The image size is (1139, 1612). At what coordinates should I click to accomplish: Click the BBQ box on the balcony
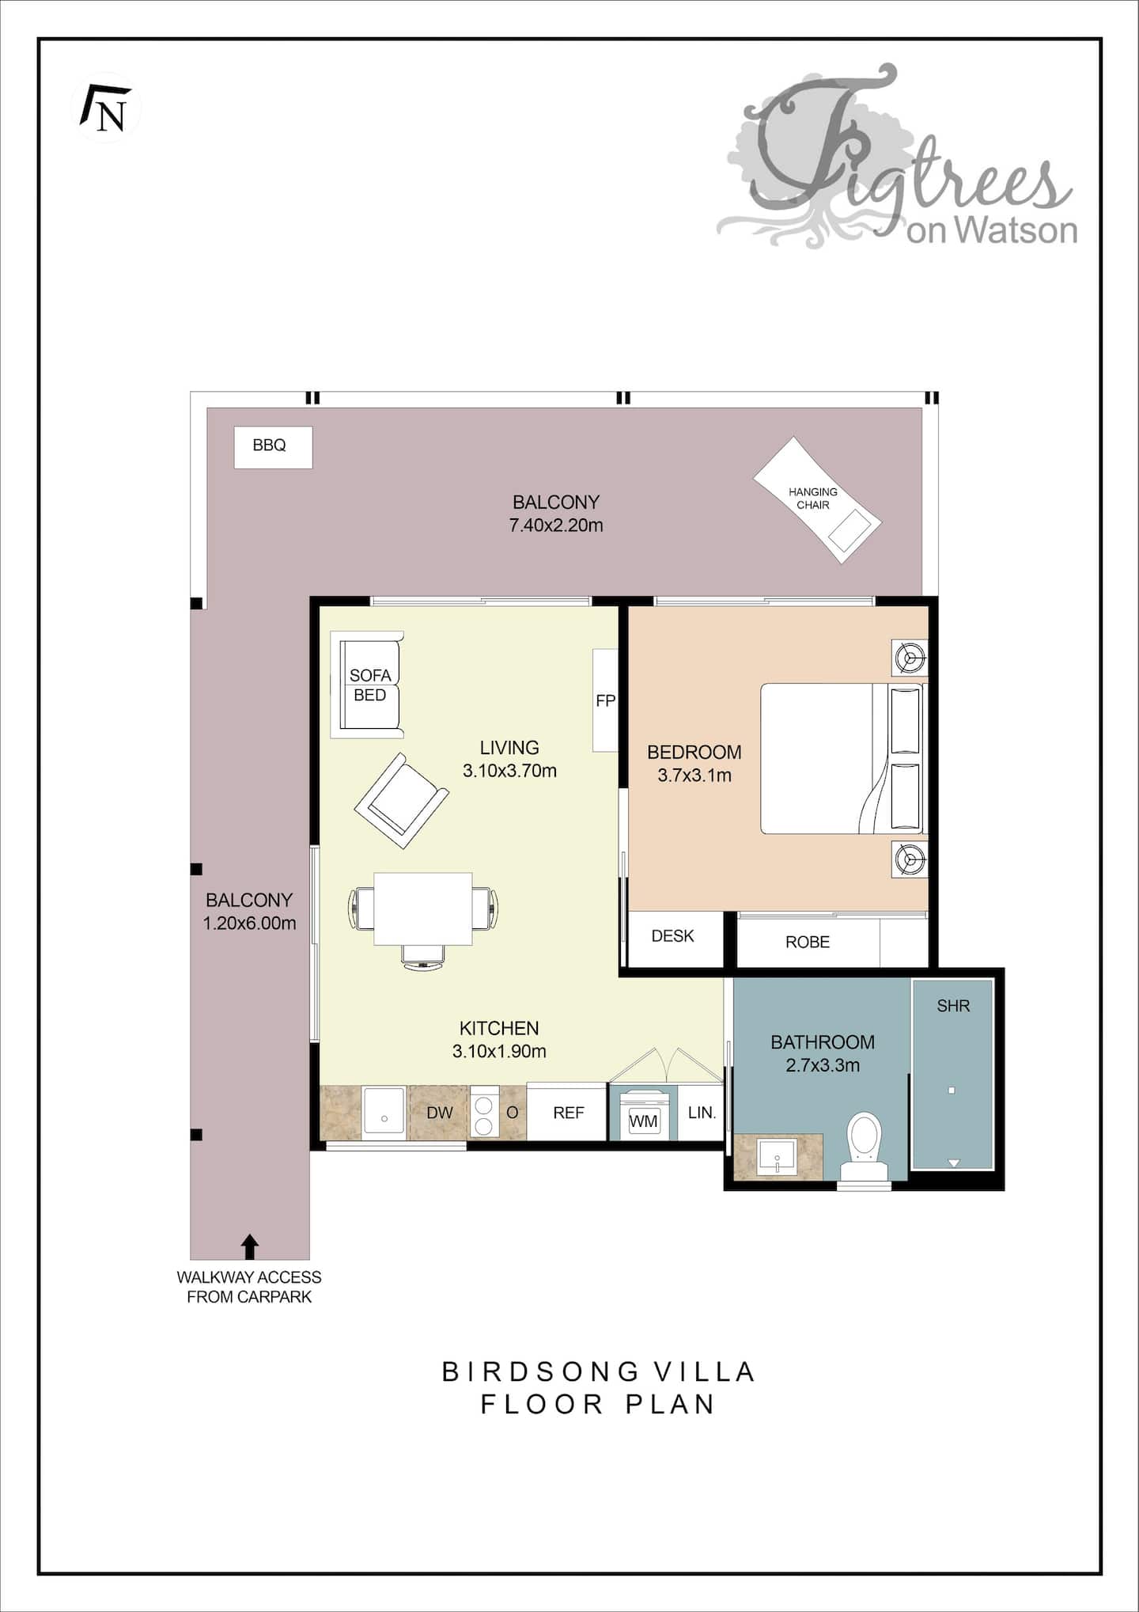coord(273,447)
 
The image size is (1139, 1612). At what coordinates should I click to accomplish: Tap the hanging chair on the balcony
coord(817,500)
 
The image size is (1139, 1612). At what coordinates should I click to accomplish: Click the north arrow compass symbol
coord(108,108)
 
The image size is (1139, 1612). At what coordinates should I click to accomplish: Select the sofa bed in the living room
coord(367,685)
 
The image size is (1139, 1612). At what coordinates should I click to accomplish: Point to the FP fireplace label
coord(605,700)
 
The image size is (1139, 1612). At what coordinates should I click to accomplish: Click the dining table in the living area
coord(423,908)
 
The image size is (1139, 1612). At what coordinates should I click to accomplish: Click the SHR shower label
coord(953,1006)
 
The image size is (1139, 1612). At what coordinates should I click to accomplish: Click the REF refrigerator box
coord(567,1112)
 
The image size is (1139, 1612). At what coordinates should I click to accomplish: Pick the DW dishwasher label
coord(440,1113)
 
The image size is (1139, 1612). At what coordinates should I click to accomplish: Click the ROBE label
coord(808,942)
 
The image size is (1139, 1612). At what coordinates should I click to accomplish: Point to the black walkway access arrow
coord(250,1246)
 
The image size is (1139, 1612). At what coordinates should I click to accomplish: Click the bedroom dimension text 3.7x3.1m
coord(694,776)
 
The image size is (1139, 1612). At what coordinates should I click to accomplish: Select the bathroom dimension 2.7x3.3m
coord(823,1065)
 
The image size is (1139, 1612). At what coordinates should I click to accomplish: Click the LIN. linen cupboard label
coord(702,1113)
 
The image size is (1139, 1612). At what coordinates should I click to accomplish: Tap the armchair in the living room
coord(402,800)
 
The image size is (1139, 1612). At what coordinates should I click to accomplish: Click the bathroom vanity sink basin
coord(777,1159)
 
